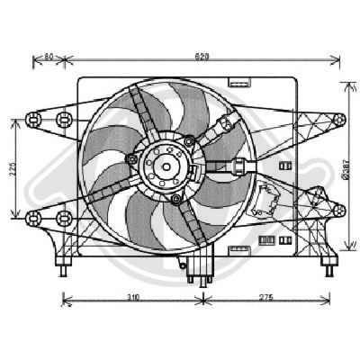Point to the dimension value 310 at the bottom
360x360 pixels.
pos(132,294)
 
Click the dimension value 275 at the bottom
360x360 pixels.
pos(265,294)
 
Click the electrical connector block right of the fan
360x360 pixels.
pos(268,196)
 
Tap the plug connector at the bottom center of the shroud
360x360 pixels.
pos(195,267)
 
